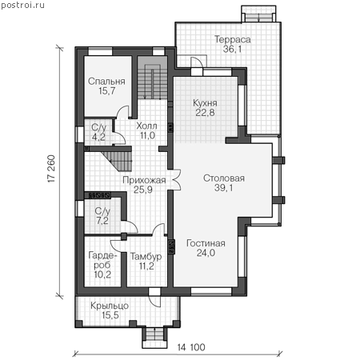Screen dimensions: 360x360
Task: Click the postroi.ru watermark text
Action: (x=22, y=5)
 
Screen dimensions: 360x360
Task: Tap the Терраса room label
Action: (x=233, y=39)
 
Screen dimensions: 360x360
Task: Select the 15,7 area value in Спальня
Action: (x=106, y=91)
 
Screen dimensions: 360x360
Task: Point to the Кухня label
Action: (x=205, y=103)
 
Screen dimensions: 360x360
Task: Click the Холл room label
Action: (x=146, y=126)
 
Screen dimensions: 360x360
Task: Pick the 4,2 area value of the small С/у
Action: (x=98, y=137)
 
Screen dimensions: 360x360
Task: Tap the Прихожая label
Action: (x=144, y=180)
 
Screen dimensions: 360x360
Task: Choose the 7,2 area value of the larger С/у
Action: (x=102, y=221)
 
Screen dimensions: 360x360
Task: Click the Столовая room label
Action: (x=224, y=178)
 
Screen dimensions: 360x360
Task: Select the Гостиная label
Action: (x=206, y=243)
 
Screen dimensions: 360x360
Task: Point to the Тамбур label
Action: (x=146, y=257)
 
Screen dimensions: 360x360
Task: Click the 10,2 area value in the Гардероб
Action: (x=102, y=274)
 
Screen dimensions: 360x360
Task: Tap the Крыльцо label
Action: (x=110, y=306)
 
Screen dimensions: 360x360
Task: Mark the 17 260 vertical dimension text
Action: (x=51, y=169)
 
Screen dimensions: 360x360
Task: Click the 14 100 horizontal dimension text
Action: (x=191, y=347)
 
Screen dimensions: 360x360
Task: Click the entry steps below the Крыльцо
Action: (x=154, y=338)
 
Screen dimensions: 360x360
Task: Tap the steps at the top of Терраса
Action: (x=258, y=14)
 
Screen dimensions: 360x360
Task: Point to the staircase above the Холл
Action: (x=152, y=82)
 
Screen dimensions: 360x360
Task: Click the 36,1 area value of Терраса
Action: (x=232, y=49)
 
